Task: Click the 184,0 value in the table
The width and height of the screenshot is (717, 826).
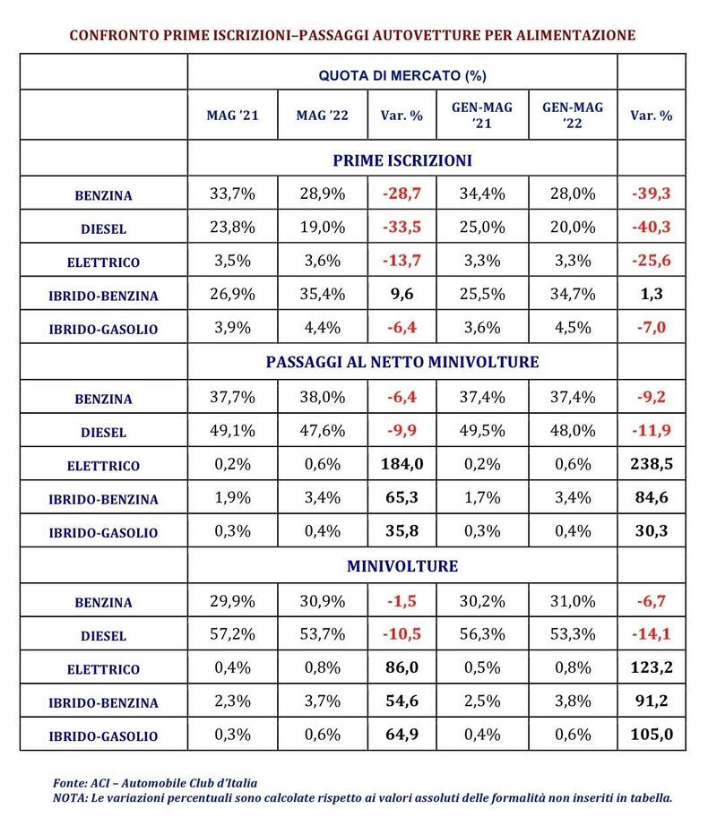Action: coord(402,464)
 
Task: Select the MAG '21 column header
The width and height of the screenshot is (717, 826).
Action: coord(232,116)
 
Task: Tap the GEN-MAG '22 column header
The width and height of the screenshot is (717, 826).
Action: coord(573,116)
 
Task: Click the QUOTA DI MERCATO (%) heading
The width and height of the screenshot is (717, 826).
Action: coord(402,75)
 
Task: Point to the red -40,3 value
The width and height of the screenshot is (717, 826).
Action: coord(652,227)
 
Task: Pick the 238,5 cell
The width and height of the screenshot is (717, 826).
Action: coord(652,464)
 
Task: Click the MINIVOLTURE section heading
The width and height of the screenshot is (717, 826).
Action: coord(402,566)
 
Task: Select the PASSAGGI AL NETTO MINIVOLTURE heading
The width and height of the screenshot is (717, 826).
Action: coord(402,362)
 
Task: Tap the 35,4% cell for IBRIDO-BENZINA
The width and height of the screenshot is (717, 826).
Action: coord(323,294)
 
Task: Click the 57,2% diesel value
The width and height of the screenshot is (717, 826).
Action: coord(232,633)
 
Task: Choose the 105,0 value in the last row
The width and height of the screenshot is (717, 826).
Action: coord(652,735)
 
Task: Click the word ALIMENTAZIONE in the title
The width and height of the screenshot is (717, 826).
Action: coord(575,35)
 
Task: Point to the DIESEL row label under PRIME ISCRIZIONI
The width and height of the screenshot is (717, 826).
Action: coord(103,229)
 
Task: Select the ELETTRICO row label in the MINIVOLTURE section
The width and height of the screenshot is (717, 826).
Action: coord(103,669)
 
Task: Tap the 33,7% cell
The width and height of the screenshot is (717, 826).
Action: coord(232,194)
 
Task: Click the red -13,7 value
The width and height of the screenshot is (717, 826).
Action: coord(402,261)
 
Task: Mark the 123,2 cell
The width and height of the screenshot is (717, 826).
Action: coord(652,667)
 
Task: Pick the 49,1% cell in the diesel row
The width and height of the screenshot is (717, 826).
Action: coord(232,431)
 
